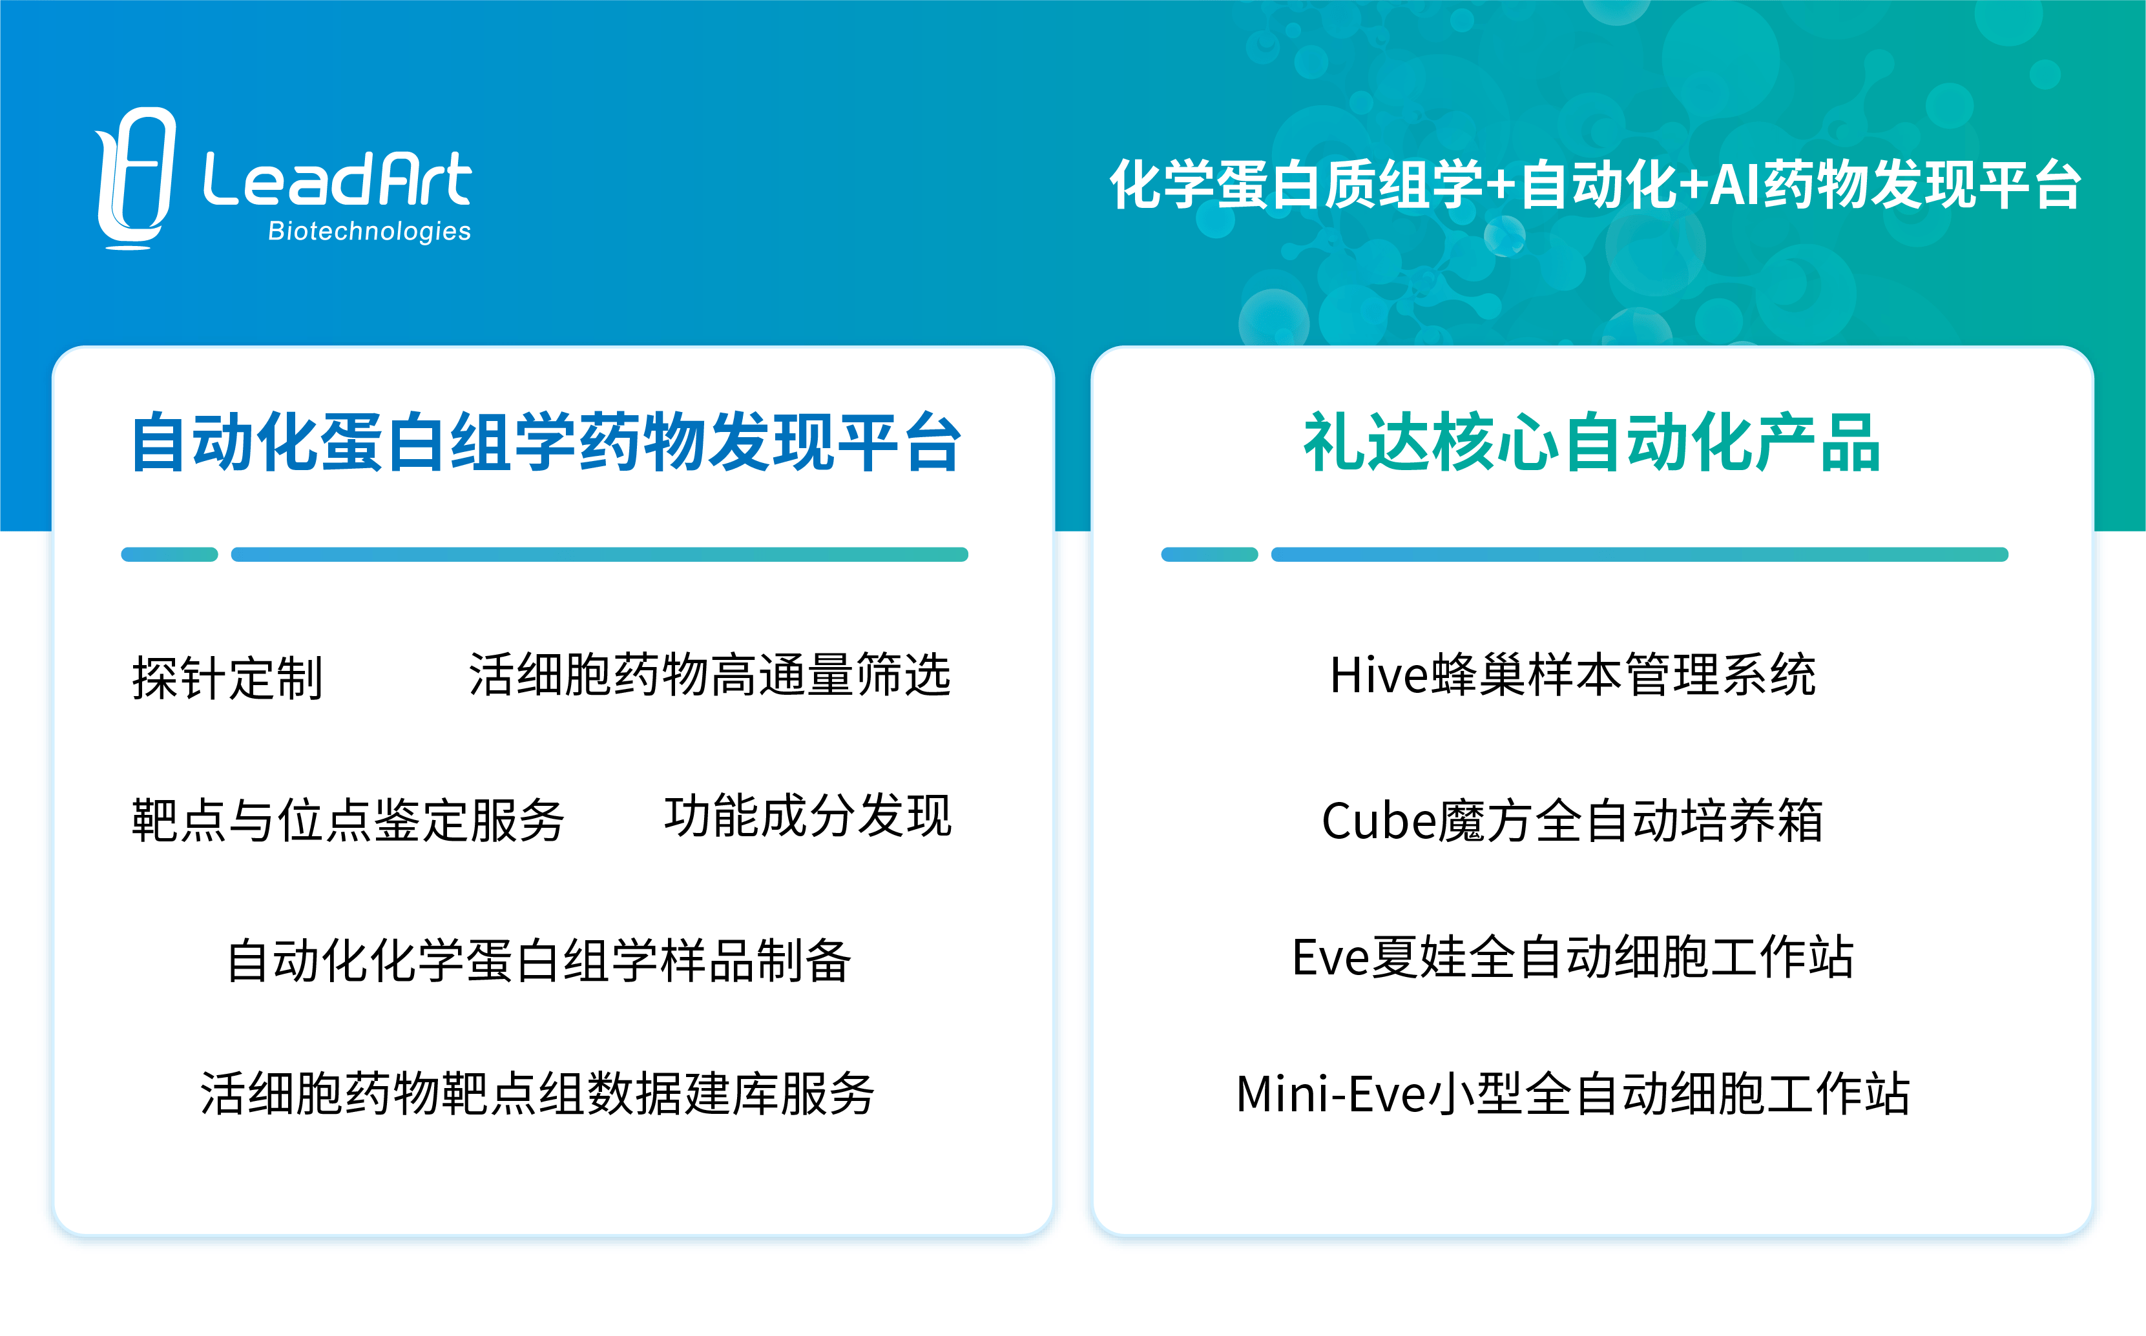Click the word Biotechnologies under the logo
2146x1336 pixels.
[369, 232]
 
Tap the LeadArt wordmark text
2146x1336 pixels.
[338, 180]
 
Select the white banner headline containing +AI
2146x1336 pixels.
[1596, 185]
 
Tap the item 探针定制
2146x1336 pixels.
[227, 679]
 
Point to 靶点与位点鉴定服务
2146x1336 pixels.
[348, 820]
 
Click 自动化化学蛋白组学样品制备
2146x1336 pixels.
[539, 960]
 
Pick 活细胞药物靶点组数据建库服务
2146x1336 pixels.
[537, 1094]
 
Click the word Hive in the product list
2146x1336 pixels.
[1379, 676]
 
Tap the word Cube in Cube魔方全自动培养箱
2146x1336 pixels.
[1379, 821]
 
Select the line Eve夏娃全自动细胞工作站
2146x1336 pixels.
[1572, 957]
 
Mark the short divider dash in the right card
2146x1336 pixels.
[1209, 555]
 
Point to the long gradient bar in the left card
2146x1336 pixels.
[599, 555]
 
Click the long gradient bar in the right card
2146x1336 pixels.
[1640, 555]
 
